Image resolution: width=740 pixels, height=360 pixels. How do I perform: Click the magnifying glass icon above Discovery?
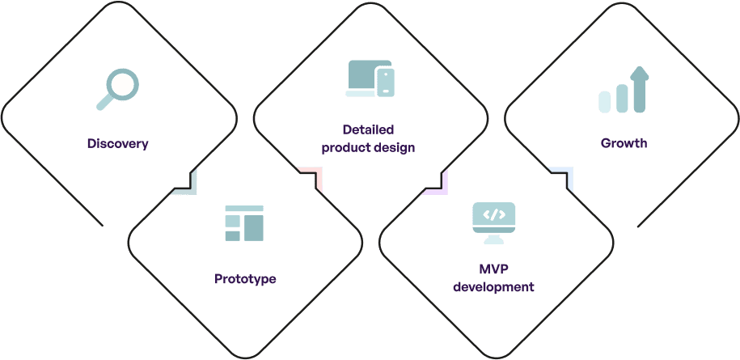(x=118, y=88)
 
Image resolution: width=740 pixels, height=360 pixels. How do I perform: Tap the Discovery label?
(x=118, y=144)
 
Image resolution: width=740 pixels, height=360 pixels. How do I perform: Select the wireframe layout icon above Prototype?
(x=244, y=223)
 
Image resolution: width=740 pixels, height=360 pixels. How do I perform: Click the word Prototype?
(x=245, y=279)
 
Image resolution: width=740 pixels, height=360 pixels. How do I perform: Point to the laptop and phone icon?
(x=370, y=79)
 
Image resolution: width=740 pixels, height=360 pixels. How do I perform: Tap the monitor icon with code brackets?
(x=494, y=222)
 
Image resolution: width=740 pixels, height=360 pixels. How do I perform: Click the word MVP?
(x=494, y=269)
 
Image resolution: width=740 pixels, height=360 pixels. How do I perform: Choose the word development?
(x=494, y=287)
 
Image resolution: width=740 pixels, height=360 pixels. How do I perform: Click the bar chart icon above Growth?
(x=624, y=90)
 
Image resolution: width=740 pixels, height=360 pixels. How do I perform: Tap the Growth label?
(x=624, y=143)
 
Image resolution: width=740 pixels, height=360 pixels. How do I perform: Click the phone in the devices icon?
(x=387, y=82)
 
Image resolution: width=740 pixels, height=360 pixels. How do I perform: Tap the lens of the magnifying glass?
(x=124, y=83)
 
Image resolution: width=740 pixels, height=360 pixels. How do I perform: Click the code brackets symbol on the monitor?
(x=494, y=215)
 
